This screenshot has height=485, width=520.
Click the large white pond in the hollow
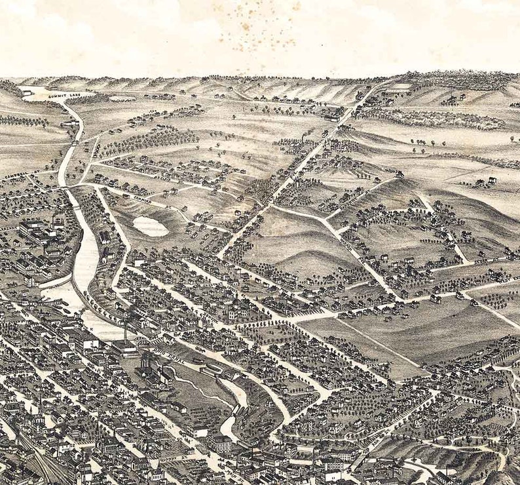point(150,226)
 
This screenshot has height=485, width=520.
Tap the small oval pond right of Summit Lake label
point(122,99)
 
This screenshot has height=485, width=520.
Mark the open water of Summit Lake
point(36,91)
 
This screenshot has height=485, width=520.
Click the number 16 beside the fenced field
point(409,94)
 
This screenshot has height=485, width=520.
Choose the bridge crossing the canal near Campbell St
point(67,188)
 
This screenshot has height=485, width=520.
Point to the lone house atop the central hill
point(398,174)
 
